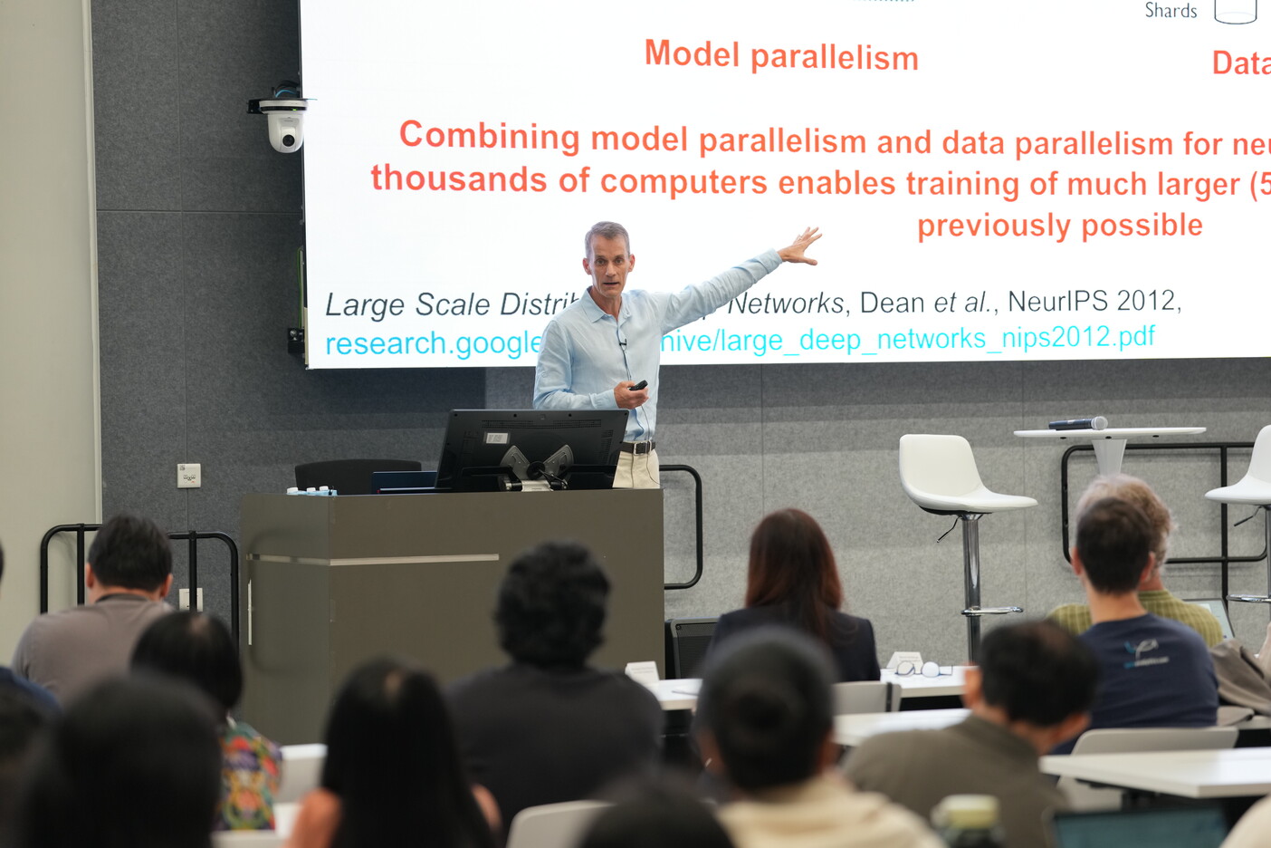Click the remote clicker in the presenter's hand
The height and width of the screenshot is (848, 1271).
(638, 385)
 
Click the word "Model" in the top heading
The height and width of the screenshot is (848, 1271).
(692, 54)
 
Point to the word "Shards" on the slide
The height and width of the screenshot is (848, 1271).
(1171, 11)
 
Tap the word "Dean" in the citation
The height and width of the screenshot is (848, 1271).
(892, 303)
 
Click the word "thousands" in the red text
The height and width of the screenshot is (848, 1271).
(458, 179)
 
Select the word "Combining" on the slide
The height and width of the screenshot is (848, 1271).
(489, 136)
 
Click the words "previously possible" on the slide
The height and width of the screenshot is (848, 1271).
(1059, 226)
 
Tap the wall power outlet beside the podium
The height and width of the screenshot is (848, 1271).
(188, 475)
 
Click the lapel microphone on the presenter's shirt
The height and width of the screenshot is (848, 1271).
(623, 343)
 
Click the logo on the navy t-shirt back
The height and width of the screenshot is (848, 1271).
(1142, 650)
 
